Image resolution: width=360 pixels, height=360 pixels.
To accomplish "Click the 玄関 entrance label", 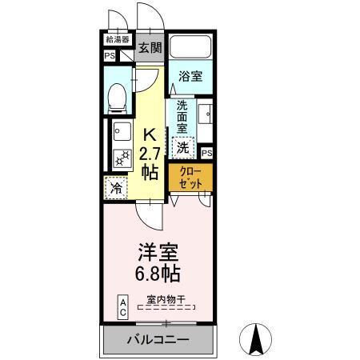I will coord(150,48).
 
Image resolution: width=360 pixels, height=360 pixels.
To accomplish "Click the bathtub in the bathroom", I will coord(190,49).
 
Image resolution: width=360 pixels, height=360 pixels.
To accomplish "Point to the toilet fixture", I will coord(118,98).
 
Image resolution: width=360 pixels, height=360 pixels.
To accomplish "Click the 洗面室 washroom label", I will coord(182,117).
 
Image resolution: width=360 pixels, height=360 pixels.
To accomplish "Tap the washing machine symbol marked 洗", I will coord(183,146).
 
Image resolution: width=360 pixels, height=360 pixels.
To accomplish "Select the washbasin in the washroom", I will coord(204,114).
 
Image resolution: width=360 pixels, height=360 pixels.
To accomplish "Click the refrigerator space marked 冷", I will coord(117,190).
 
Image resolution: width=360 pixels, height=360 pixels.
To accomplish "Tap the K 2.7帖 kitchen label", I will coord(150,153).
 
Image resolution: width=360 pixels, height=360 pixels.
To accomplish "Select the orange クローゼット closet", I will coord(190,178).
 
